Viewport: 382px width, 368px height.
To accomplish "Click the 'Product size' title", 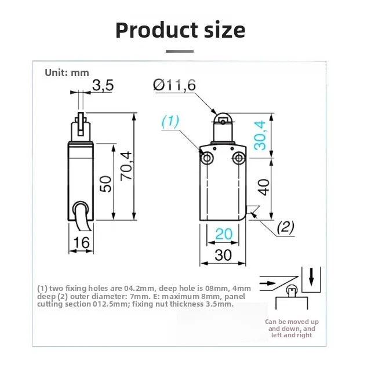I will pos(180,30).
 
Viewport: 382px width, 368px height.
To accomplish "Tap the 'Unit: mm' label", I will pos(67,72).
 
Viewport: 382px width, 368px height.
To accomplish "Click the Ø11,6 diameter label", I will pos(174,85).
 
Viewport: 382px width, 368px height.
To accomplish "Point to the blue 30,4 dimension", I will pos(261,134).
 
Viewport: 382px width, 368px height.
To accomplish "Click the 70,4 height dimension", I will pos(126,165).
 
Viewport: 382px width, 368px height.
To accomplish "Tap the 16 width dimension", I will pos(81,242).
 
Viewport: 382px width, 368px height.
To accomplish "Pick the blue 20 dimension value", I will pos(223,234).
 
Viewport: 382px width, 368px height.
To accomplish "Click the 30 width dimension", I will pos(223,254).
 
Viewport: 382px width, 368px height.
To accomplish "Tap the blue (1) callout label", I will pos(170,121).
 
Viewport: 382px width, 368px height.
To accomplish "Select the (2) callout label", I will pos(285,227).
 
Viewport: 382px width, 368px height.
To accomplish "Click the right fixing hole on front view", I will pos(239,158).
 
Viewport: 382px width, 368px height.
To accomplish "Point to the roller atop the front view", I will pos(223,120).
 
